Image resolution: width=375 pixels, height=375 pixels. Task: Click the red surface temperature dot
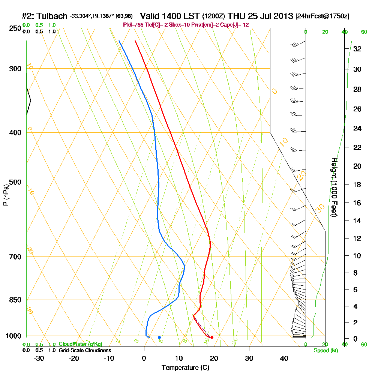point(212,337)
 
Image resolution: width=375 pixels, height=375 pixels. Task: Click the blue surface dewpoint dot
point(159,337)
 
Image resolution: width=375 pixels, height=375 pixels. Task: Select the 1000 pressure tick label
point(13,336)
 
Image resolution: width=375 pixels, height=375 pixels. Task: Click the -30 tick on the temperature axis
point(39,358)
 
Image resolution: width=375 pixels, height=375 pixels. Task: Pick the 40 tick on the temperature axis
point(284,358)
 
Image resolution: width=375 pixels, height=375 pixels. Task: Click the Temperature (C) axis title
point(185,368)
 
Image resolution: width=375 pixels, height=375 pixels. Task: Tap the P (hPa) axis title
point(6,195)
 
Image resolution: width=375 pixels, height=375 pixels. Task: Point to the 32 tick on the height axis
point(357,49)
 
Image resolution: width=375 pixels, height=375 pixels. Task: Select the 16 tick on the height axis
point(357,203)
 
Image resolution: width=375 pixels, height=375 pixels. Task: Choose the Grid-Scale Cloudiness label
point(85,350)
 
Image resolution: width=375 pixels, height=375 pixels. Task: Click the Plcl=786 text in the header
point(133,24)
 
